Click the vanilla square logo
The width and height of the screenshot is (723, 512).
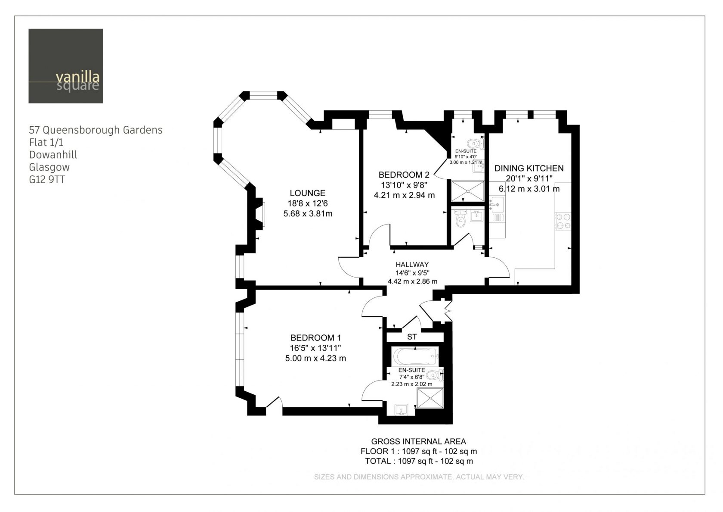point(65,66)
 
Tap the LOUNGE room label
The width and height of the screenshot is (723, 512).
point(307,193)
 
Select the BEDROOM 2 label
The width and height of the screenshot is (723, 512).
point(404,175)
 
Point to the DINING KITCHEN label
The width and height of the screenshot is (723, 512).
point(529,169)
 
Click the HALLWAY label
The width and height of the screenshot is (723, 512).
point(412,265)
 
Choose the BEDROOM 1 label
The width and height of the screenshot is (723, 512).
point(315,338)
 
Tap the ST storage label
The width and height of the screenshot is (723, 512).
point(412,337)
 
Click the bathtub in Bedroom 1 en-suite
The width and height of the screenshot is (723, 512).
point(415,356)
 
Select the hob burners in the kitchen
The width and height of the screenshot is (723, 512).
point(563,222)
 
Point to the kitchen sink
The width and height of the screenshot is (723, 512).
point(497,204)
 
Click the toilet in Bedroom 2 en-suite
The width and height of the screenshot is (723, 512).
point(476,143)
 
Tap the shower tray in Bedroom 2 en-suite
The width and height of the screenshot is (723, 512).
point(467,191)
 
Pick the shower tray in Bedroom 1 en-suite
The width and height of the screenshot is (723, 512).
point(430,398)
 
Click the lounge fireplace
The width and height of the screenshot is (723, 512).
point(260,214)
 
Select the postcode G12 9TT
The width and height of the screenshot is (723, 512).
point(47,179)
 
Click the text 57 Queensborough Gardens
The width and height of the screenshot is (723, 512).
point(96,130)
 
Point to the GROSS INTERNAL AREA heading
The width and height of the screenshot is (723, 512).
point(418,441)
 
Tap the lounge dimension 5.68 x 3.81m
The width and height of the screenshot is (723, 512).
point(308,214)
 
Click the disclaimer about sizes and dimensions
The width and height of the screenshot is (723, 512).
point(419,477)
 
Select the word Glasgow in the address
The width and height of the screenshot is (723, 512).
point(49,167)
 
